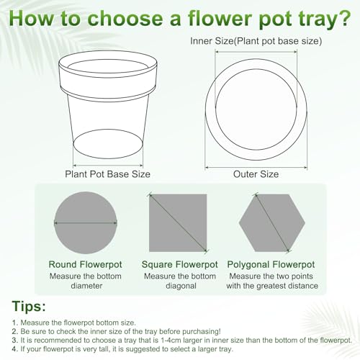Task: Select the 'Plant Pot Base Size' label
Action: [x=107, y=174]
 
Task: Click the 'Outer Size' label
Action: [x=256, y=174]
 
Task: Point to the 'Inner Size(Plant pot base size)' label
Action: [x=256, y=41]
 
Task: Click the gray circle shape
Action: [x=86, y=222]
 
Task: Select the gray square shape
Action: [x=178, y=223]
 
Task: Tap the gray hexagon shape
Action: [x=272, y=222]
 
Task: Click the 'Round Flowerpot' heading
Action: [x=86, y=264]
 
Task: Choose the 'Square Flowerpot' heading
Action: [x=180, y=264]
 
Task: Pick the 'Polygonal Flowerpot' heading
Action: [x=271, y=265]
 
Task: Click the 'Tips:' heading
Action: [x=29, y=307]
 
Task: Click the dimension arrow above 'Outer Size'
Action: [x=256, y=167]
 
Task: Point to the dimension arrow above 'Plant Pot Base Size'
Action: [x=108, y=165]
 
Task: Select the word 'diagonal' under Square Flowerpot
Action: [x=181, y=286]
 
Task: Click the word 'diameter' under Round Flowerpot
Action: [x=86, y=286]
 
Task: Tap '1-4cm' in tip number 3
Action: [x=170, y=340]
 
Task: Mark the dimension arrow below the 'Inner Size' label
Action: [x=256, y=51]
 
